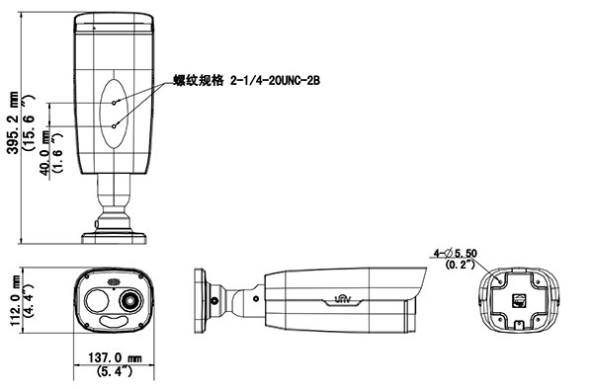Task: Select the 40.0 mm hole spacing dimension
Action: point(44,153)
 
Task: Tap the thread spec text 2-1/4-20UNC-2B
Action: point(275,80)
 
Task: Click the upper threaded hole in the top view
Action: point(114,103)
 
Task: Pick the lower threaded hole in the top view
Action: point(114,126)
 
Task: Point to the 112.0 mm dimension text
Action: point(16,300)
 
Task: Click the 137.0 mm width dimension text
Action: point(115,357)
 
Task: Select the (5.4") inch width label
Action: point(115,371)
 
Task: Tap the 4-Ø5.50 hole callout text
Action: point(456,253)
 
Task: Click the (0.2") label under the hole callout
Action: point(460,265)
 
